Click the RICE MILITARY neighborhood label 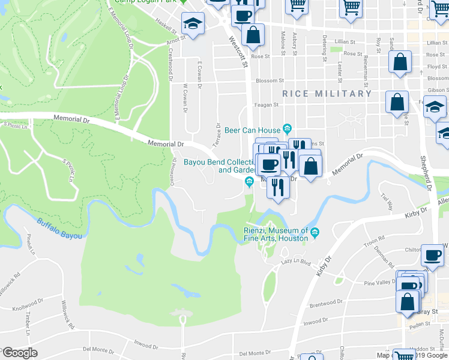pos(327,94)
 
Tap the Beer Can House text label pos(253,130)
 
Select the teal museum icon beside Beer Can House pos(288,128)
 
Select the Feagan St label pos(268,104)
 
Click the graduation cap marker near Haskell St pos(192,24)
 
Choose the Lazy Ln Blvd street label pos(295,262)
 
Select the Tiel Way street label pos(387,202)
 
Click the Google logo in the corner pos(19,353)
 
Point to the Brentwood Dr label pos(325,305)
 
